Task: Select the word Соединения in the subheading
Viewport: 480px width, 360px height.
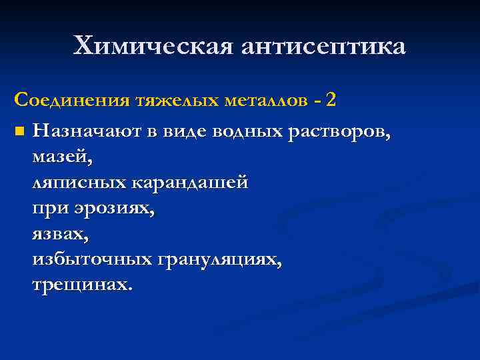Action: pos(71,100)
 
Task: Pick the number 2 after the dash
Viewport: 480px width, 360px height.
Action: pos(331,100)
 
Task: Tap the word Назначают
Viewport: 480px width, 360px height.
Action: pos(89,131)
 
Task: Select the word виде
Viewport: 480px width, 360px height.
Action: pos(185,131)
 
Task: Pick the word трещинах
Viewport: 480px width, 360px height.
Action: pos(82,285)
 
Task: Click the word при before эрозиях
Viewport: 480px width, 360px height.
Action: pos(48,208)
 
